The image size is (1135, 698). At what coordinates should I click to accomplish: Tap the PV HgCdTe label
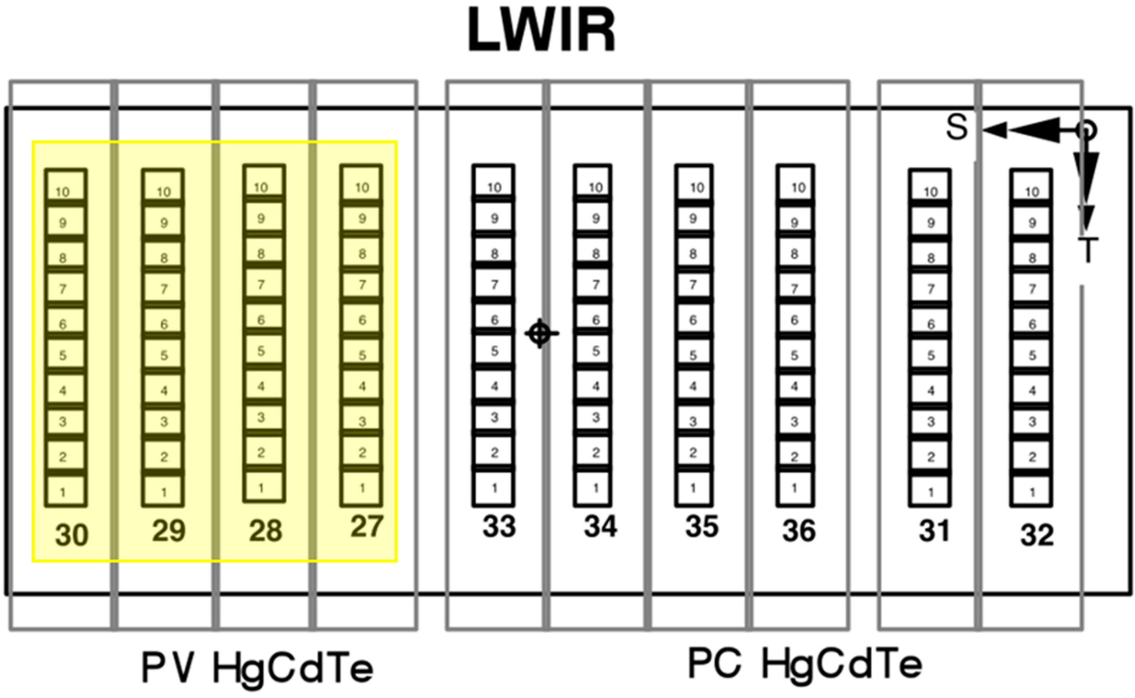point(257,668)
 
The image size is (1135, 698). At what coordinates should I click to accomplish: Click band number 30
point(72,535)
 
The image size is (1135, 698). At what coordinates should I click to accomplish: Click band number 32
point(1037,535)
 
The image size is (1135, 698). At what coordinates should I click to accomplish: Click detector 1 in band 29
point(163,491)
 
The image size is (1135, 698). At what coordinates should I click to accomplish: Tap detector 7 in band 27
point(361,285)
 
